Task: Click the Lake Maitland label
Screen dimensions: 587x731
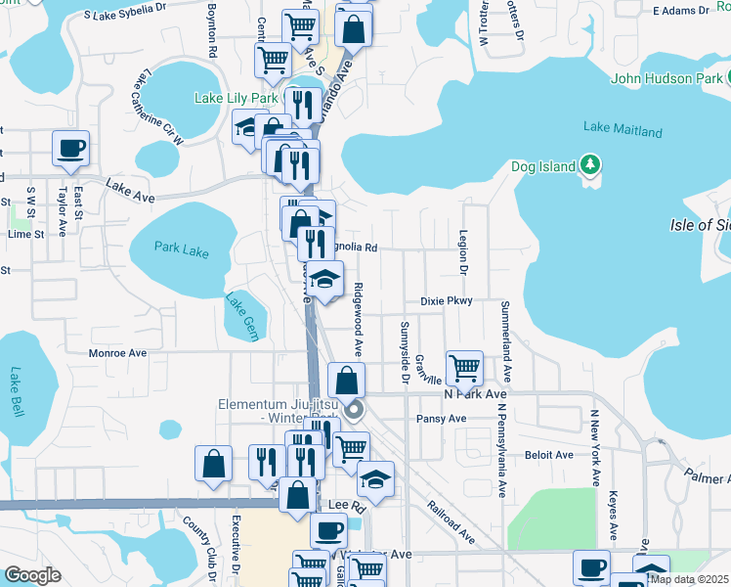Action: pos(623,130)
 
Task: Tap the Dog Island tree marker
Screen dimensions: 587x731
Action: pos(590,163)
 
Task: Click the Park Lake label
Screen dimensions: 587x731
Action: pos(182,249)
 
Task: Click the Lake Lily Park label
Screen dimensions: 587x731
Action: pos(236,98)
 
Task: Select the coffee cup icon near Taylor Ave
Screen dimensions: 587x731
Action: pos(71,150)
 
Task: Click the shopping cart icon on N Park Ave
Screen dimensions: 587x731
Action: pos(464,369)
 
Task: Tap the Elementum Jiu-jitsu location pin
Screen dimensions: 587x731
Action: pos(355,410)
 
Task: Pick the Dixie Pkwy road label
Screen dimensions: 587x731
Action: pos(447,301)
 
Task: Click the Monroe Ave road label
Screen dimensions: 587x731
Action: pos(117,353)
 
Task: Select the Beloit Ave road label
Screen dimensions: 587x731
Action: pos(548,455)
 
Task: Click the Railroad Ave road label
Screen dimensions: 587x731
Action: pos(451,523)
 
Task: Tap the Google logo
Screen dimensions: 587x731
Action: pos(32,575)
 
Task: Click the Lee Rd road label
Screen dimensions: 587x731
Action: pos(339,505)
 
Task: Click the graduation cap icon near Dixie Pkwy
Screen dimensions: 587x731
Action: pos(326,282)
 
